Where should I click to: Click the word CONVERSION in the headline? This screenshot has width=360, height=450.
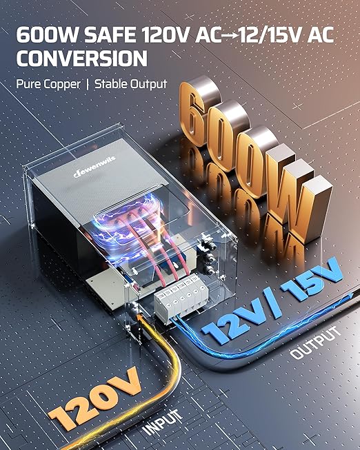click(x=81, y=59)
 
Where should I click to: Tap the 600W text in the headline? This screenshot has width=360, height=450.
click(x=47, y=34)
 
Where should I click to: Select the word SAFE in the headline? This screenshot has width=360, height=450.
click(x=110, y=34)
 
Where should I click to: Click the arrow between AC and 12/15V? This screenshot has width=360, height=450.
click(x=230, y=35)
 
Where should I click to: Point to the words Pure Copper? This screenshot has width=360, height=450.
click(x=48, y=84)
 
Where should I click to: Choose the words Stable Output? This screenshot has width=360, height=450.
click(x=131, y=84)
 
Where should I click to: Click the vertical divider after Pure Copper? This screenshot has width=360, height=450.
click(x=88, y=84)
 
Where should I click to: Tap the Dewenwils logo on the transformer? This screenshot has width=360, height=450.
click(x=94, y=167)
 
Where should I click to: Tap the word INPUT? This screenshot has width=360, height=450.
click(x=162, y=421)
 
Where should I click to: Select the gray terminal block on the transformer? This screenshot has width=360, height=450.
click(x=181, y=296)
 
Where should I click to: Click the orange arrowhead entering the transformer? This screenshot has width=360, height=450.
click(x=140, y=318)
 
